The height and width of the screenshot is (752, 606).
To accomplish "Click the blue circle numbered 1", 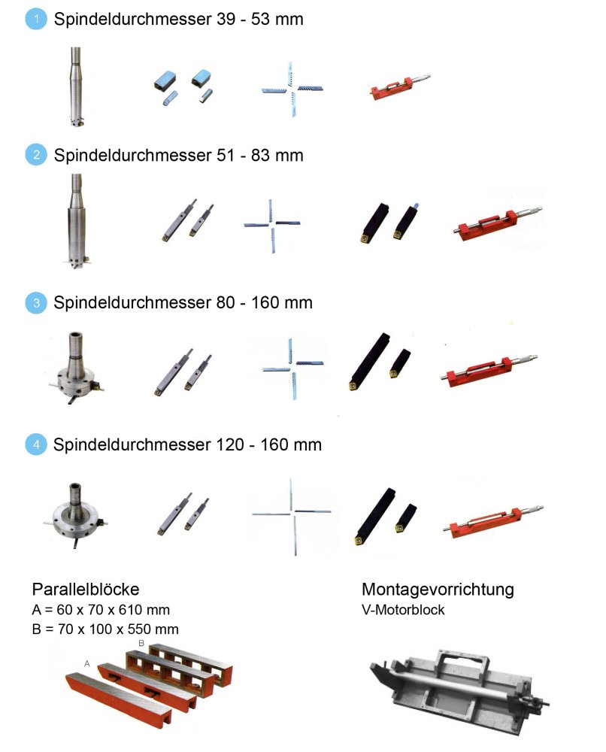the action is coord(36,20).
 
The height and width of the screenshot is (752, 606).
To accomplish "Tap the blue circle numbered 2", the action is coord(36,155).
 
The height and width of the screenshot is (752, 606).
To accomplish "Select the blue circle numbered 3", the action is coord(36,302).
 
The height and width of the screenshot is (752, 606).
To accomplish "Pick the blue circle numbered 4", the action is coord(36,444).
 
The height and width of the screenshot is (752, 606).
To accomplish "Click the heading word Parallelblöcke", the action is coord(86,589).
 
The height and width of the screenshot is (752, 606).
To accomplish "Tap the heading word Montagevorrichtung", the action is coord(438,590).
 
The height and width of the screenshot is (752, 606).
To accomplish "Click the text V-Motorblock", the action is coord(403,610).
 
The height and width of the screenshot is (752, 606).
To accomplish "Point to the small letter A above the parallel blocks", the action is coord(86,664).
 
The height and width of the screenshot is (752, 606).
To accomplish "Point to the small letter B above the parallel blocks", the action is coord(141,643).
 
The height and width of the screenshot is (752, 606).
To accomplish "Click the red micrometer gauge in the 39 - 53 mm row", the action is coord(400,86).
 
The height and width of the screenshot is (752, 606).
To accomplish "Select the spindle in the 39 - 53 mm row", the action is coord(75,86).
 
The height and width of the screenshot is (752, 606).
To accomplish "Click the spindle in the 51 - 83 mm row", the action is coord(76,221).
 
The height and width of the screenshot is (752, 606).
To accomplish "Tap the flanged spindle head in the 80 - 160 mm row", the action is coord(75,368).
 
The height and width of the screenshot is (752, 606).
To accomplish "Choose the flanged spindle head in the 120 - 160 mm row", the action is coord(76,515).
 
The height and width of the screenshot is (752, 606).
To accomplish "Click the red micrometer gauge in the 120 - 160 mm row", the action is coord(493,521).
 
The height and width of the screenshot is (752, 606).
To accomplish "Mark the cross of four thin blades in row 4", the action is coord(292,516).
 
